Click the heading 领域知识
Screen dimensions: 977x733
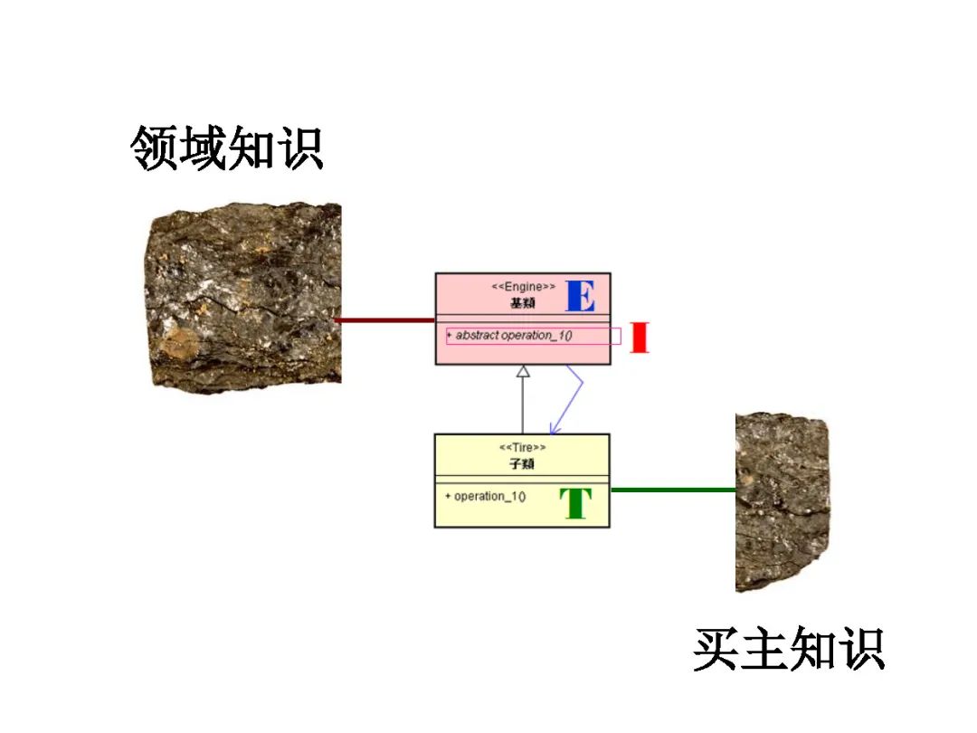(x=227, y=148)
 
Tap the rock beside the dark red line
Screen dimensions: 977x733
(x=242, y=296)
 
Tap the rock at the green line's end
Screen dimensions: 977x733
(x=782, y=501)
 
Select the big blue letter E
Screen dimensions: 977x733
(x=580, y=296)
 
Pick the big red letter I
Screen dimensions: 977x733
(x=640, y=337)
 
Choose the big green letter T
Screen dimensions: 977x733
(x=575, y=504)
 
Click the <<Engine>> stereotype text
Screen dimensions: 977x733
(x=523, y=287)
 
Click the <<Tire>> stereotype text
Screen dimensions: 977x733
(x=523, y=447)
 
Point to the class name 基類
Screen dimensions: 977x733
(x=523, y=302)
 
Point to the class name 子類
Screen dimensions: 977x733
(x=523, y=463)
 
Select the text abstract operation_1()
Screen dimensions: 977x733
(x=514, y=336)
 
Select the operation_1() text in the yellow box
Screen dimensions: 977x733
(x=489, y=496)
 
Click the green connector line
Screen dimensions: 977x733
(x=673, y=490)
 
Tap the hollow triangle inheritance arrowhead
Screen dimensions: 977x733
(x=522, y=371)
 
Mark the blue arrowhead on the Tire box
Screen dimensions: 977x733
(x=553, y=429)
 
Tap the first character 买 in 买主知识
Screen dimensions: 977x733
(x=717, y=649)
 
